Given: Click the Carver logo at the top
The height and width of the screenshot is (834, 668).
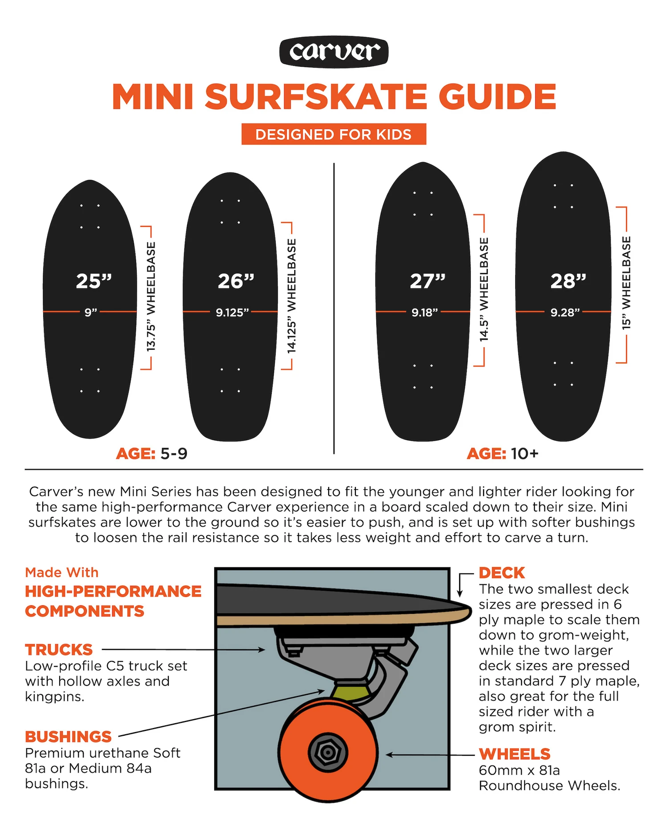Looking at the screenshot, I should pos(334,52).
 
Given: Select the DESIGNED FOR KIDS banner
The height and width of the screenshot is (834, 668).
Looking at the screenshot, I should pos(334,134).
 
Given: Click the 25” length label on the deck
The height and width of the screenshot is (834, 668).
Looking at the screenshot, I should pos(94,281).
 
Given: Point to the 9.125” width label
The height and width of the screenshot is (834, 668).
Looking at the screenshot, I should pos(232,312).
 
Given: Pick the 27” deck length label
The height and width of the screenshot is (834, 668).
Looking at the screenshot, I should pos(428,281).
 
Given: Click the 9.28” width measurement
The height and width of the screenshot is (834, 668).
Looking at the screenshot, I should pos(565,312).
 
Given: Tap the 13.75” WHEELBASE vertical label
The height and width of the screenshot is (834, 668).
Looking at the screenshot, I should pos(151,297).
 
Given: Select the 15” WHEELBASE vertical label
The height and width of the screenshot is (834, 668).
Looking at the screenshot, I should pos(626,283).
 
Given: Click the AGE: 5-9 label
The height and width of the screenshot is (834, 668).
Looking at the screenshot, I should pos(151,454).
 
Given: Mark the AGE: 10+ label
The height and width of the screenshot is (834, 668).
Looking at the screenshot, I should pos(502,454).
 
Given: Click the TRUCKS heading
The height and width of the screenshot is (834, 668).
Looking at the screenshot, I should pos(59,649).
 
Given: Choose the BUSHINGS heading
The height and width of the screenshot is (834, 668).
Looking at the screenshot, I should pos(68,737).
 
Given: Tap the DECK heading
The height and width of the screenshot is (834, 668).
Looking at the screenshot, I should pos(501,572).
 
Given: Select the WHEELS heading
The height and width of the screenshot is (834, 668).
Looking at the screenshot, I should pos(514,754).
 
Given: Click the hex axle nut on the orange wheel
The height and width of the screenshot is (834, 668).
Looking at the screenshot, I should pos(327,753).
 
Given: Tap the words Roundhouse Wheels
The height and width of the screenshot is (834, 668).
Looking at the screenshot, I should pos(549,786).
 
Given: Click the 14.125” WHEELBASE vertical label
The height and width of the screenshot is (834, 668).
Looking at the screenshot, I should pos(291,296).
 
